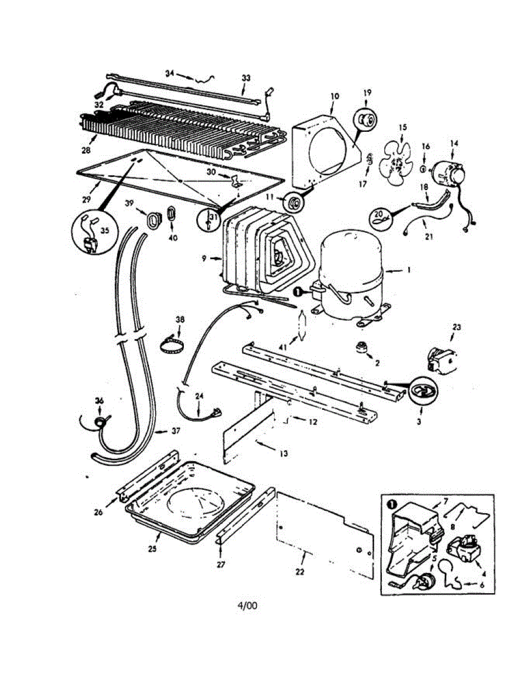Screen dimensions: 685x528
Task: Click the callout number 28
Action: [x=86, y=151]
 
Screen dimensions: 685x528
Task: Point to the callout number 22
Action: [x=300, y=571]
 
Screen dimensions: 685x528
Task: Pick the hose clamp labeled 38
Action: [x=172, y=345]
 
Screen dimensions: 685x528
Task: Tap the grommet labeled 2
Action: [x=361, y=347]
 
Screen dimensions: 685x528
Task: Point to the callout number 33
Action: [x=246, y=77]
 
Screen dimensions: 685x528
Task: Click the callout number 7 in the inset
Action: [x=445, y=502]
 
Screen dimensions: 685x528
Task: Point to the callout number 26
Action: [x=98, y=512]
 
